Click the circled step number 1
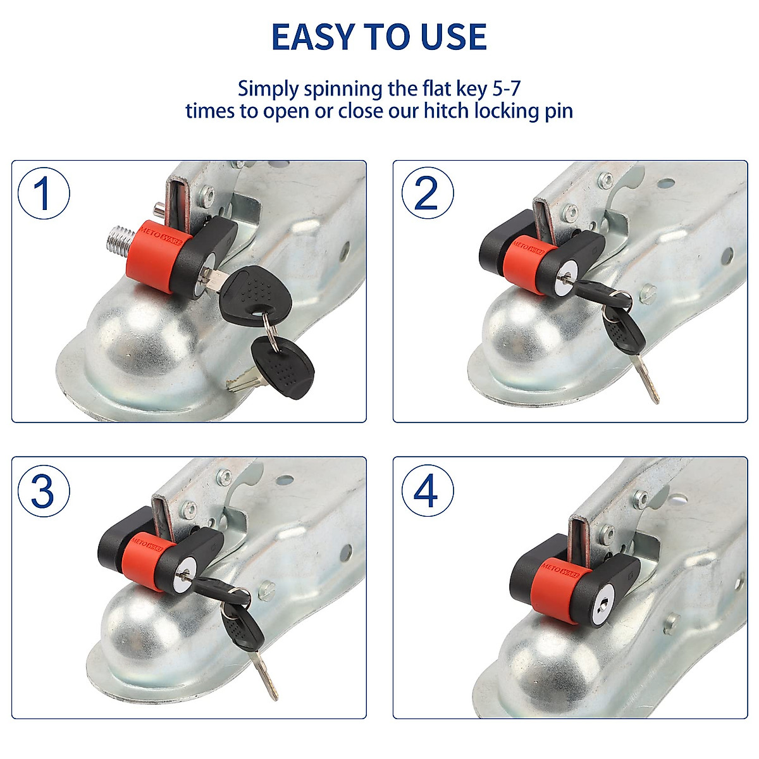click(x=43, y=194)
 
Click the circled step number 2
click(x=427, y=194)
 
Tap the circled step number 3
click(x=43, y=490)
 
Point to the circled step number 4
click(x=427, y=490)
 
